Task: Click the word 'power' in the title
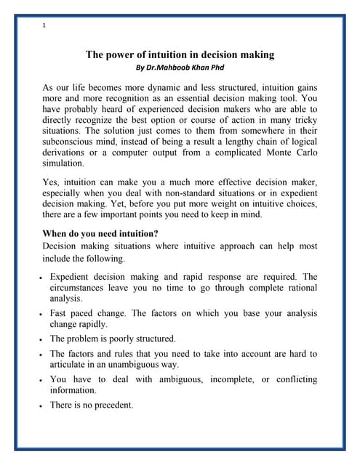pyautogui.click(x=123, y=54)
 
